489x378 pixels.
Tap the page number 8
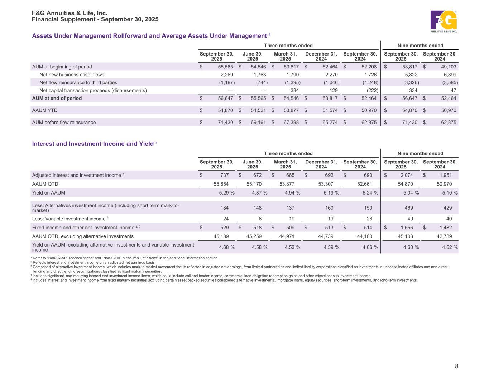456,366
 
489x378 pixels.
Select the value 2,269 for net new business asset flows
226,75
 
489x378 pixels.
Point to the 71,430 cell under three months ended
226,122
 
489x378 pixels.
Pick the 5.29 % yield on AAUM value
226,193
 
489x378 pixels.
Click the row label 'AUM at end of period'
57,98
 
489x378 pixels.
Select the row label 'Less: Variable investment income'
69,219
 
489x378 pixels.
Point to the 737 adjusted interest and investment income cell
224,175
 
